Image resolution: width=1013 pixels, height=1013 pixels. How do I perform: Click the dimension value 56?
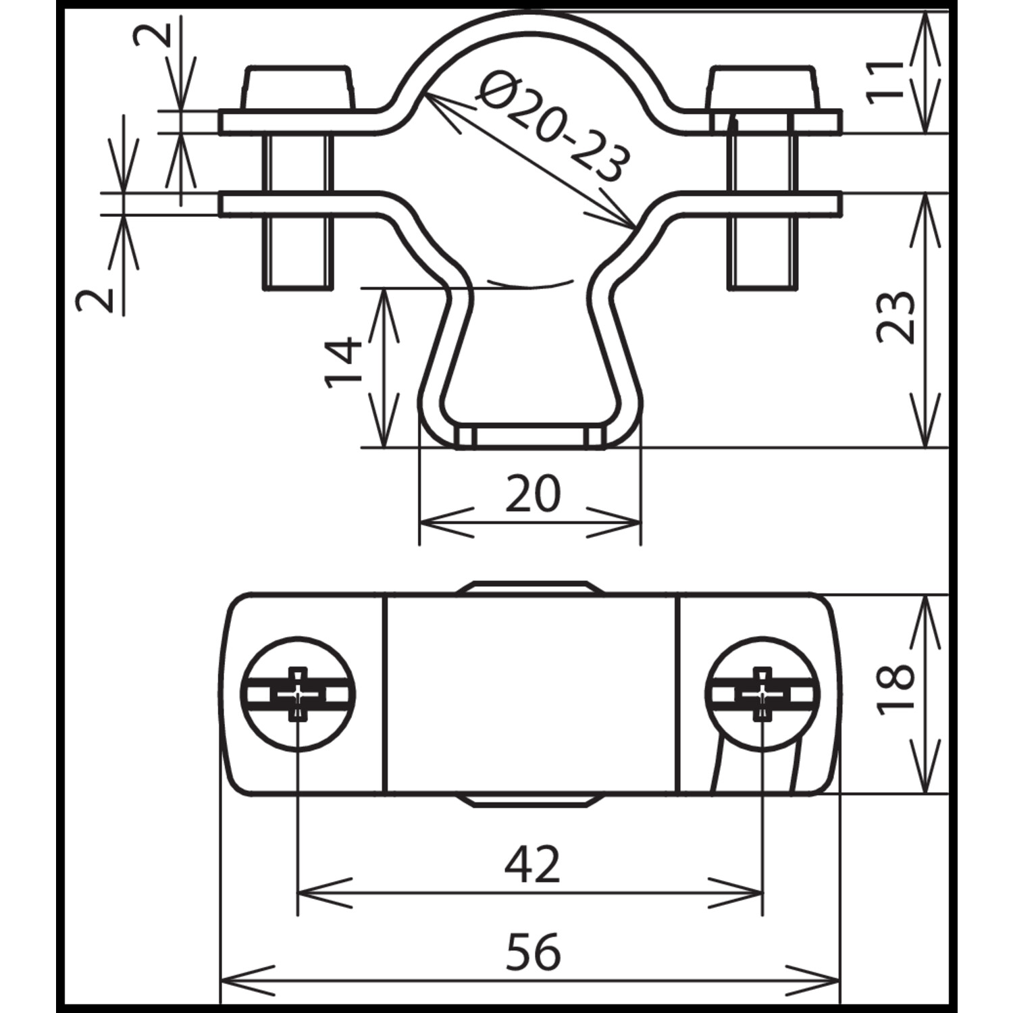533,952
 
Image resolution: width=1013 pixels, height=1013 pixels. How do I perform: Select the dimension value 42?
533,864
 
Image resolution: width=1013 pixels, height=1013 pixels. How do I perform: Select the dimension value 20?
533,494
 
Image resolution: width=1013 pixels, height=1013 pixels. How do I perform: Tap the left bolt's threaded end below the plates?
298,254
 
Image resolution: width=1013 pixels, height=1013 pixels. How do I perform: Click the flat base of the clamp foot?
530,437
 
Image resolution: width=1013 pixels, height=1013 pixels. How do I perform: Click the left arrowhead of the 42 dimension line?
324,893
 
